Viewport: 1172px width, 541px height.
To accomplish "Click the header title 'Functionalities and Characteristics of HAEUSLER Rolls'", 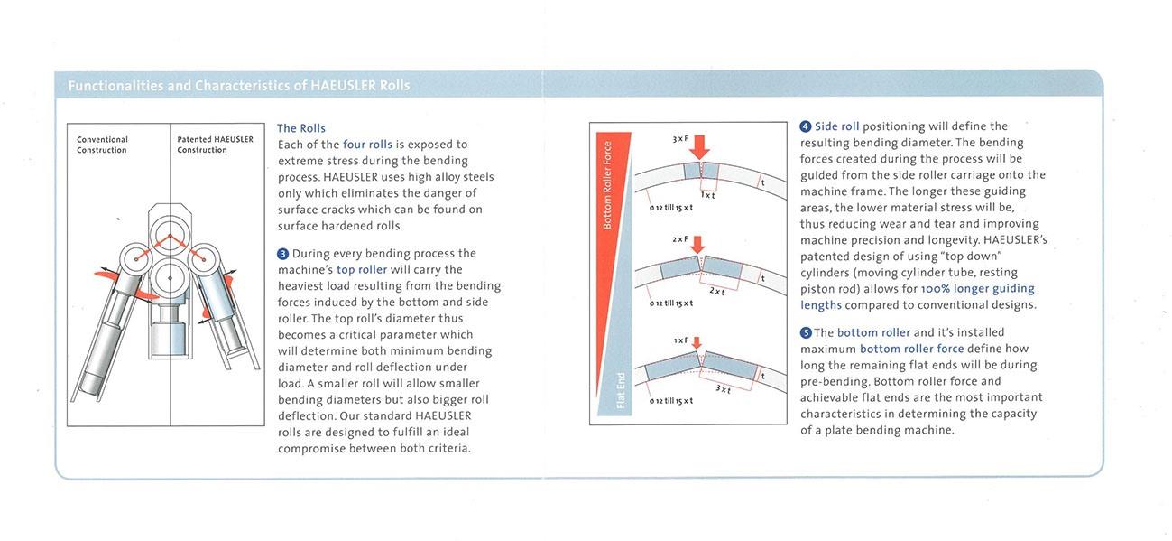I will [x=239, y=86].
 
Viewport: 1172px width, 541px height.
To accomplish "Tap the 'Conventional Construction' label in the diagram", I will [x=102, y=145].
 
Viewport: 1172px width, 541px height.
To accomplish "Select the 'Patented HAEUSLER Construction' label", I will [x=215, y=145].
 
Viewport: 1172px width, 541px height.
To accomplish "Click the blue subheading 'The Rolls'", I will [x=301, y=128].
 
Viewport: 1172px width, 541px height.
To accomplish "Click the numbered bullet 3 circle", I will [x=282, y=254].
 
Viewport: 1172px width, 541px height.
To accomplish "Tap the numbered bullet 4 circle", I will [x=806, y=126].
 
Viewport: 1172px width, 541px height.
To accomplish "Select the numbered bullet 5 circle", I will [x=806, y=332].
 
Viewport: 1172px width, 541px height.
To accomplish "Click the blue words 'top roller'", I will [x=362, y=269].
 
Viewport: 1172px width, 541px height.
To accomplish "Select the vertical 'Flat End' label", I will [x=621, y=389].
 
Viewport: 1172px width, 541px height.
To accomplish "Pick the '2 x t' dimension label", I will [x=716, y=291].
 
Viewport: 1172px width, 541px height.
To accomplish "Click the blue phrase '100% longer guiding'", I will [x=978, y=289].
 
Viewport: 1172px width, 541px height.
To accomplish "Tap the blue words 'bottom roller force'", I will [x=912, y=349].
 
